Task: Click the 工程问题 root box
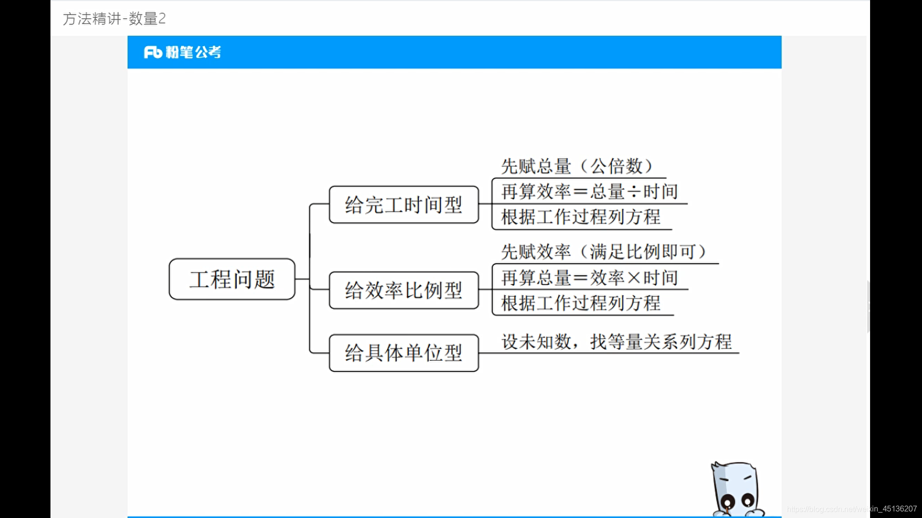(x=232, y=279)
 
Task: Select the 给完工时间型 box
(x=403, y=205)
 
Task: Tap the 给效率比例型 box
(x=403, y=290)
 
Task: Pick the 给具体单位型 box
(x=403, y=353)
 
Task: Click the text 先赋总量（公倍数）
(x=577, y=166)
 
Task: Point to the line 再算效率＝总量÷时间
(x=589, y=192)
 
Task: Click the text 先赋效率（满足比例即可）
(x=604, y=252)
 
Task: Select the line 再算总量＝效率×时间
(x=589, y=278)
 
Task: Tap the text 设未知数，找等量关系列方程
(x=616, y=342)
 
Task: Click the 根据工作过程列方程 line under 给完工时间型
(x=581, y=217)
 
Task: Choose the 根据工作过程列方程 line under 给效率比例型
(x=581, y=303)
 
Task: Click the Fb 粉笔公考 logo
(x=182, y=52)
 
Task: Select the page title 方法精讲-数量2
(x=114, y=19)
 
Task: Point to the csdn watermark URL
(x=851, y=509)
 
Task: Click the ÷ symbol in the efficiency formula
(x=634, y=192)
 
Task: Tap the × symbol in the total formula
(x=634, y=278)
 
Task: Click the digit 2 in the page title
(x=162, y=19)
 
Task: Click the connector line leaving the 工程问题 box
(x=302, y=279)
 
